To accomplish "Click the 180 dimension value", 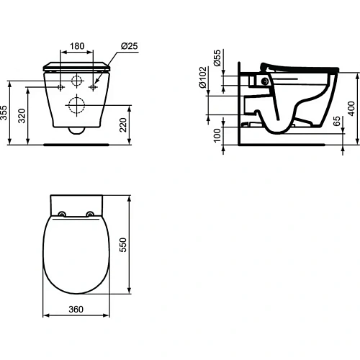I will (x=76, y=45).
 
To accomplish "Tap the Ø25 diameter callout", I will (x=129, y=45).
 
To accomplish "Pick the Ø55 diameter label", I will (x=216, y=57).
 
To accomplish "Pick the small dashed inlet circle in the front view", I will (x=76, y=80).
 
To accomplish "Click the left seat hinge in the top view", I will (x=63, y=213).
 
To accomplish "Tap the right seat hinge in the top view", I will (x=89, y=213).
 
